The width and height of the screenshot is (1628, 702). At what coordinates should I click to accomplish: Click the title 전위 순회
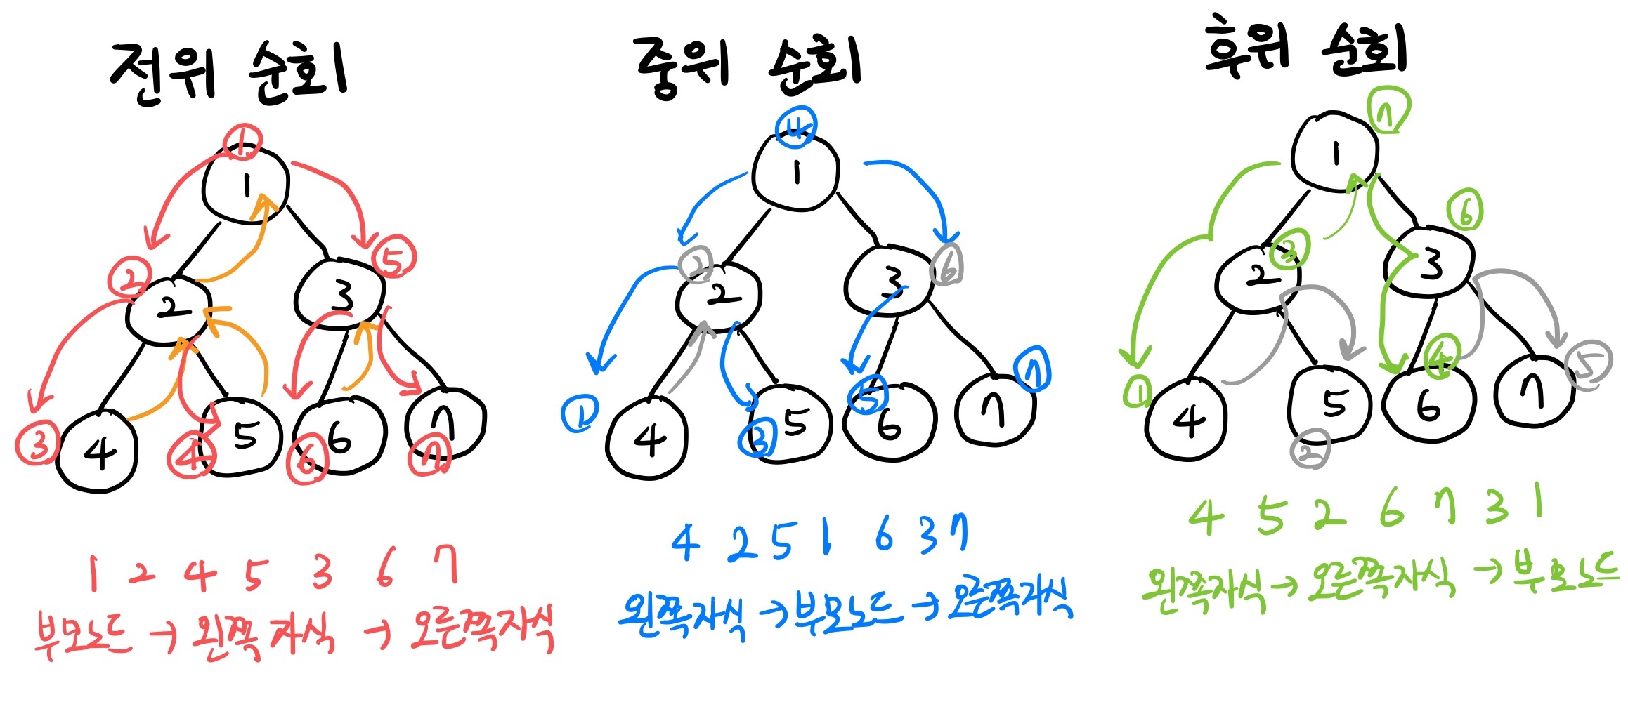point(228,74)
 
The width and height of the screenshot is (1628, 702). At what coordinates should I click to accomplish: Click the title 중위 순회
point(748,67)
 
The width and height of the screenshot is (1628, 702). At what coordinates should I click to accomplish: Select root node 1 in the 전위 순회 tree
point(245,186)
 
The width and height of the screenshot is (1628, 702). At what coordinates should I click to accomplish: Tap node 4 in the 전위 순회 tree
point(98,453)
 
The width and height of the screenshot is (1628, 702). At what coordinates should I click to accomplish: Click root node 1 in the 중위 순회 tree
point(795,172)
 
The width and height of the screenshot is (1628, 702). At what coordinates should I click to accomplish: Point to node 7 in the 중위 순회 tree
point(994,411)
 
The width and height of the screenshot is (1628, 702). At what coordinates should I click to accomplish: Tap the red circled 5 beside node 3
point(394,258)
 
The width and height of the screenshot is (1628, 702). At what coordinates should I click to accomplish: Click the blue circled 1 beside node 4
point(580,414)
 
